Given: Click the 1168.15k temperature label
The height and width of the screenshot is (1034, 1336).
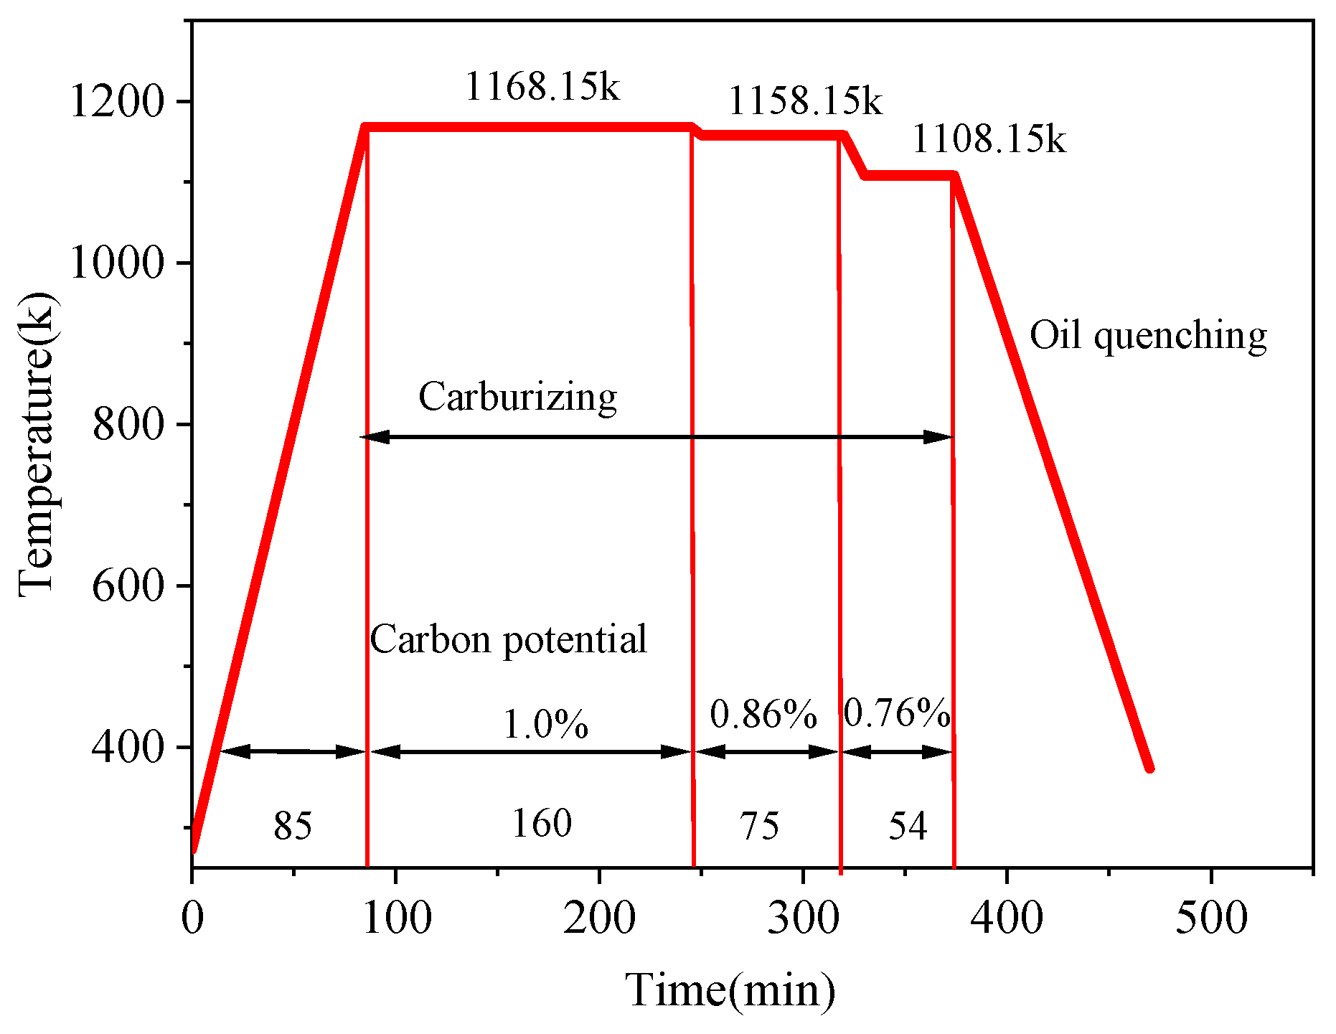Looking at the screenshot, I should click(542, 88).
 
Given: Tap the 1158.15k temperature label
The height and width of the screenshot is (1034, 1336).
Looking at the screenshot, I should click(805, 101).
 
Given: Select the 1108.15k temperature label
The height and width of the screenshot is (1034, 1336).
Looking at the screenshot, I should click(989, 139).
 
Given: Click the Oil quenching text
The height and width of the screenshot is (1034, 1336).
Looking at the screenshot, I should click(1148, 336).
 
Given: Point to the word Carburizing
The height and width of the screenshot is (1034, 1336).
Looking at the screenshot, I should click(517, 397).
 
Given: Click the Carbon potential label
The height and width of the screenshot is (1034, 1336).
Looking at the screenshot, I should click(508, 639).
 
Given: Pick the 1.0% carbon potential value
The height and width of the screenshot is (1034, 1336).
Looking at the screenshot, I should click(545, 724).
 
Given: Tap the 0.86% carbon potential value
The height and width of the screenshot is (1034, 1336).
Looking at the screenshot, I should click(763, 715).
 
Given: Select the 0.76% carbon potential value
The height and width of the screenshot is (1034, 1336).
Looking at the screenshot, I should click(897, 713).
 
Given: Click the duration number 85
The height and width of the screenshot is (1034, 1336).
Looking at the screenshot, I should click(293, 826).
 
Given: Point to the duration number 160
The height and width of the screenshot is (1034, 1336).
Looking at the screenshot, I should click(542, 823).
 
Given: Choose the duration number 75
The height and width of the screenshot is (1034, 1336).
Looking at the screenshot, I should click(760, 826).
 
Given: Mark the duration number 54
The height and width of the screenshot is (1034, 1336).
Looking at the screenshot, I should click(908, 826).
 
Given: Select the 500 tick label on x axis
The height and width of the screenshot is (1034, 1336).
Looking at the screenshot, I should click(1211, 918).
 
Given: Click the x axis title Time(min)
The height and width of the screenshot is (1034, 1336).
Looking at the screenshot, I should click(730, 990).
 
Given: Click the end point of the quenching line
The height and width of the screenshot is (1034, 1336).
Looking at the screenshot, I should click(1149, 769).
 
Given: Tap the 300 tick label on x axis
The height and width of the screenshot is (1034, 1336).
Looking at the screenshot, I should click(803, 918).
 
